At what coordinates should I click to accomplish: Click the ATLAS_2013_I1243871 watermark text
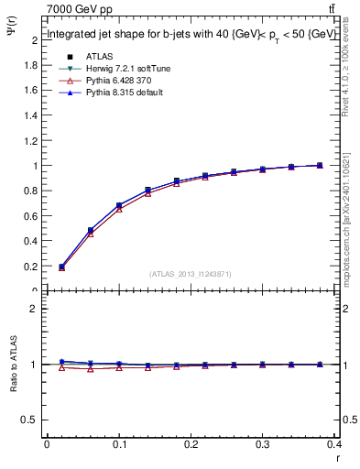[190, 275]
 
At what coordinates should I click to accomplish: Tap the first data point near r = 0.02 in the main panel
[61, 267]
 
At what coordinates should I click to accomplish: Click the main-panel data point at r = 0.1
[119, 205]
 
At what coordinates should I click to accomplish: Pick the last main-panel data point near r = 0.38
[320, 165]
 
